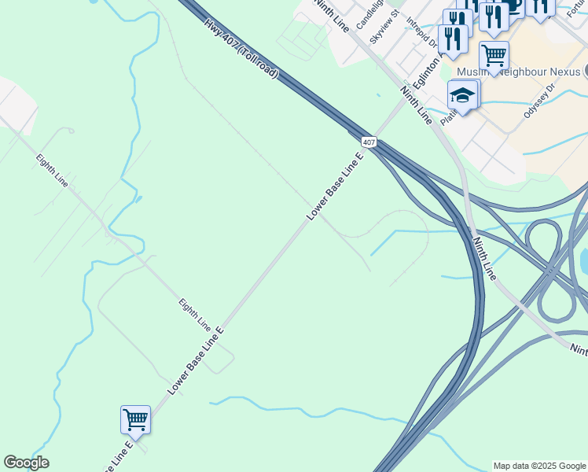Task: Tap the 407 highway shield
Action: [x=369, y=142]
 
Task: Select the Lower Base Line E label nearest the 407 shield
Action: [x=334, y=186]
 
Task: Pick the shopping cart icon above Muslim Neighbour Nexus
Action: [x=494, y=55]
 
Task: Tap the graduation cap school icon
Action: [x=463, y=96]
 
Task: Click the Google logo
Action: [x=26, y=463]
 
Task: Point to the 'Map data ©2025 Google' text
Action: [x=539, y=466]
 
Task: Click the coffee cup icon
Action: [x=513, y=6]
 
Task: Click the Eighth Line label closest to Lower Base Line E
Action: [x=194, y=314]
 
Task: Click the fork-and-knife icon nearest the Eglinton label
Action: [x=453, y=38]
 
